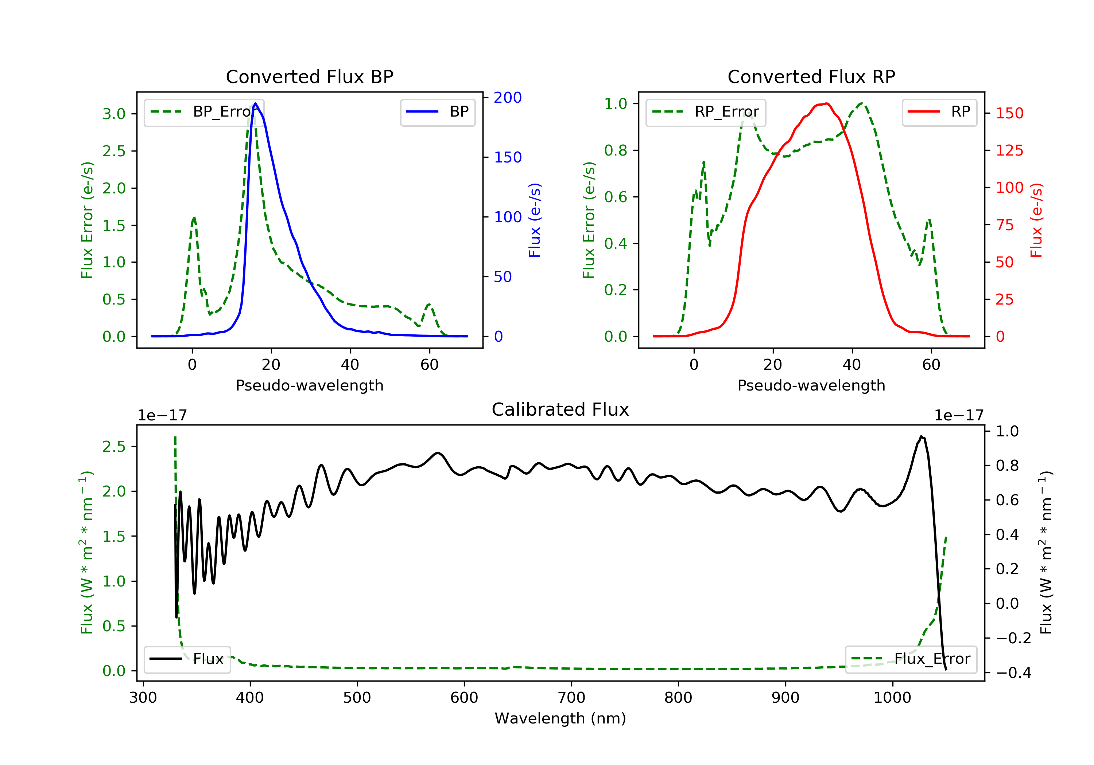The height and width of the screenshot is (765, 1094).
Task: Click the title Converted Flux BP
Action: (x=309, y=76)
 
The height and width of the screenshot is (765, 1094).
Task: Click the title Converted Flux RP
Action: (x=811, y=76)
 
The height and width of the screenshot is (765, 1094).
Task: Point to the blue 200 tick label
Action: (x=508, y=98)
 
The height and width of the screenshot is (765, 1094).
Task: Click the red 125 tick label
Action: (x=1009, y=150)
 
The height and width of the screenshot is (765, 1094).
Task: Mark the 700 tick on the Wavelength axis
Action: (x=571, y=698)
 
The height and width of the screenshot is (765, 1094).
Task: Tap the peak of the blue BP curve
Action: (x=255, y=103)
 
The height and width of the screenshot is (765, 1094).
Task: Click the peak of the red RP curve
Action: (x=826, y=104)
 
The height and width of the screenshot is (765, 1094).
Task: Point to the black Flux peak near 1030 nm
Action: (x=921, y=436)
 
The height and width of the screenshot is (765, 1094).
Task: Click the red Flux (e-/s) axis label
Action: (x=1036, y=220)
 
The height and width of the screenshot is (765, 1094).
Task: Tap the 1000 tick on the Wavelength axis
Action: (x=892, y=698)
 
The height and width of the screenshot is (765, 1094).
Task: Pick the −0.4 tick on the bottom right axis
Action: (x=1013, y=672)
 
